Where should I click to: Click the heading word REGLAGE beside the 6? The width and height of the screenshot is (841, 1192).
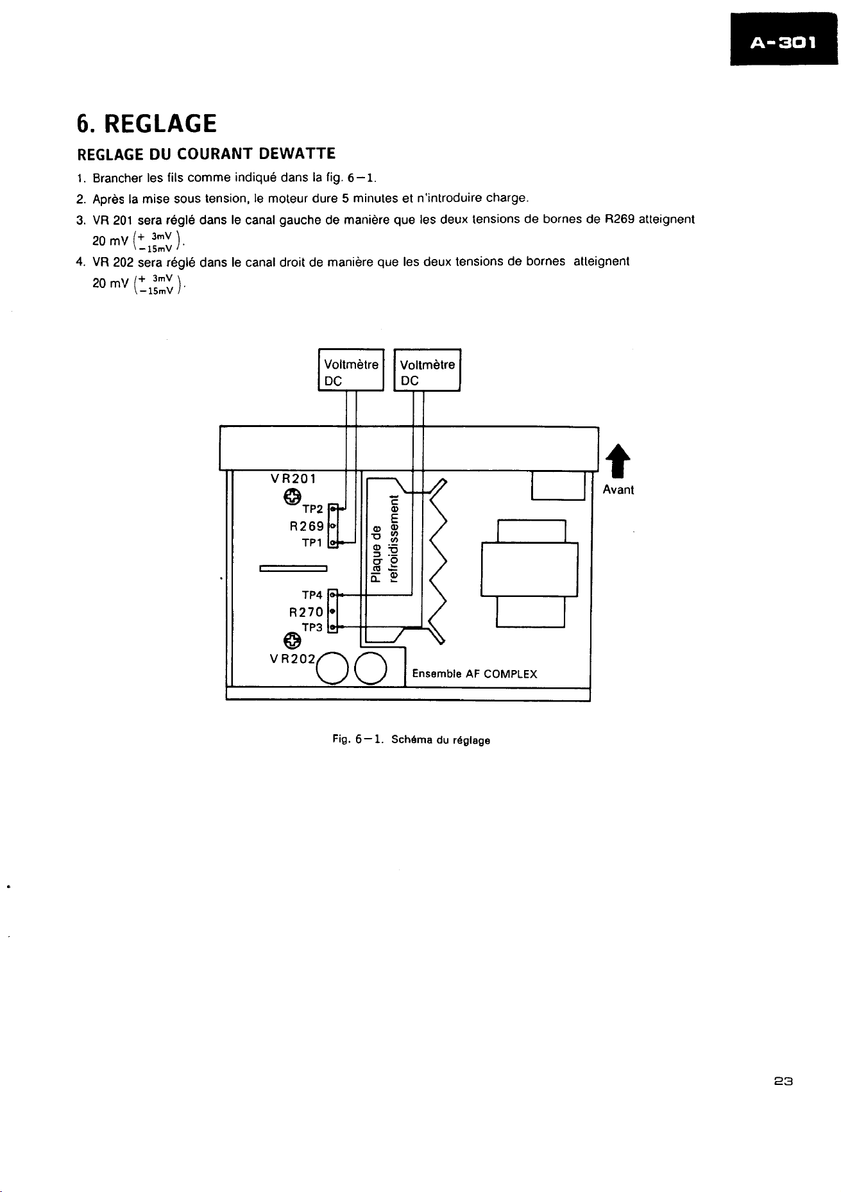[160, 123]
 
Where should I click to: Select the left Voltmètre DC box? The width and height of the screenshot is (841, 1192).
[351, 369]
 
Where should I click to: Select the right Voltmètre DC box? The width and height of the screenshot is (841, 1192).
[427, 369]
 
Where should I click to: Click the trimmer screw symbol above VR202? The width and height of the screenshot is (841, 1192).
[291, 640]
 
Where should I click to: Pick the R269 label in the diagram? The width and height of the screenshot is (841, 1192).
[307, 526]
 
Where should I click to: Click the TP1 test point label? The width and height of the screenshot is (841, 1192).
[312, 543]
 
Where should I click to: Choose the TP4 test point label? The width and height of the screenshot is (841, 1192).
[312, 596]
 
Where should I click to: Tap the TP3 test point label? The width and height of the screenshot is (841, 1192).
[312, 628]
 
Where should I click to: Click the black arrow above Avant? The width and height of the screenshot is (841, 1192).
[618, 461]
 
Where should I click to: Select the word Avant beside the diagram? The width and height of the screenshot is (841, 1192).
[618, 490]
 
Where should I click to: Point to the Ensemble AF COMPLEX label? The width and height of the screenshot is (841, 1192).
[475, 674]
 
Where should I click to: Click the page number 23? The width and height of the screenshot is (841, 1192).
[784, 1081]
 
